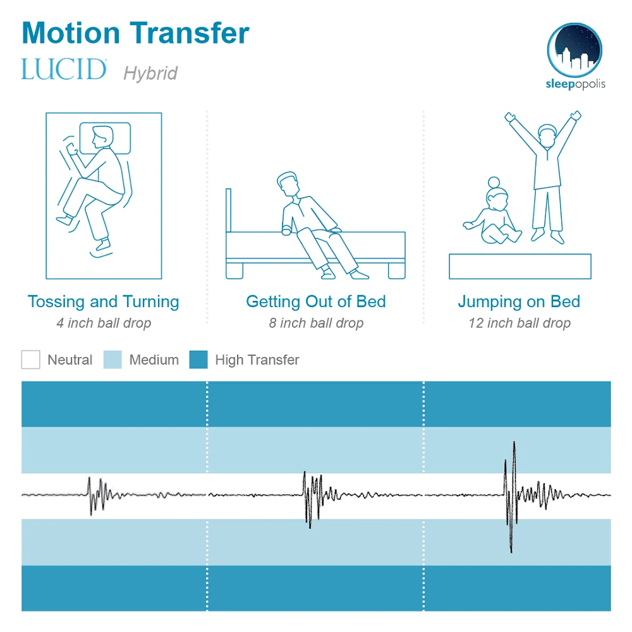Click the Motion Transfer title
(135, 33)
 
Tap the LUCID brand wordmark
(64, 70)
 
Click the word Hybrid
(150, 73)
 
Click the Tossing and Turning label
(103, 301)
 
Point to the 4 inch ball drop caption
(103, 324)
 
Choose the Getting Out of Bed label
(316, 301)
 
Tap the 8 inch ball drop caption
(316, 324)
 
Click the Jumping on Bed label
(519, 301)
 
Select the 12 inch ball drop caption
(519, 324)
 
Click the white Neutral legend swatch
(30, 360)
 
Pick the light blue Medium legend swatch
(112, 360)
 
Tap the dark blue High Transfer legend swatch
(198, 360)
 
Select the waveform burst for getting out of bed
(309, 496)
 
